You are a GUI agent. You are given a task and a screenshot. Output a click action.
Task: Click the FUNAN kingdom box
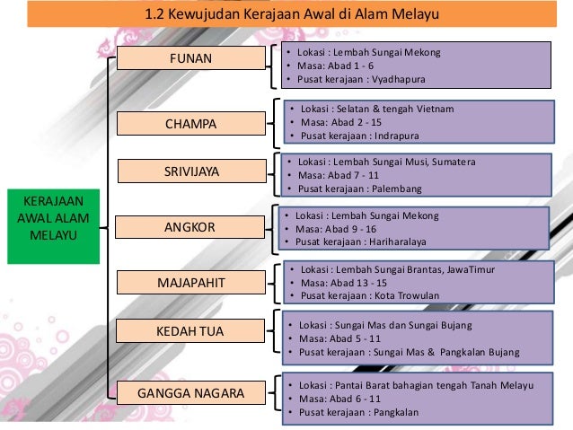tap(191, 58)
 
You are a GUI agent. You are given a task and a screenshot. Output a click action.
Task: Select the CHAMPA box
tap(190, 122)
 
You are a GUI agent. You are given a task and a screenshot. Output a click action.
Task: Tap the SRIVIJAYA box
tap(190, 171)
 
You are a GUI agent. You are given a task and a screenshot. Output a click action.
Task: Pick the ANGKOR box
tap(190, 227)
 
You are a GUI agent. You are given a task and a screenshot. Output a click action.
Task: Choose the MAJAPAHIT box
tap(190, 284)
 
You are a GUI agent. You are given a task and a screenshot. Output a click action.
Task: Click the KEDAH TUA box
tap(190, 332)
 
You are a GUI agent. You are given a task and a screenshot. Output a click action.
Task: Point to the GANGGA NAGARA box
tap(190, 393)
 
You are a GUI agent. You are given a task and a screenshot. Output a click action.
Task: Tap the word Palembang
tap(401, 190)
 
